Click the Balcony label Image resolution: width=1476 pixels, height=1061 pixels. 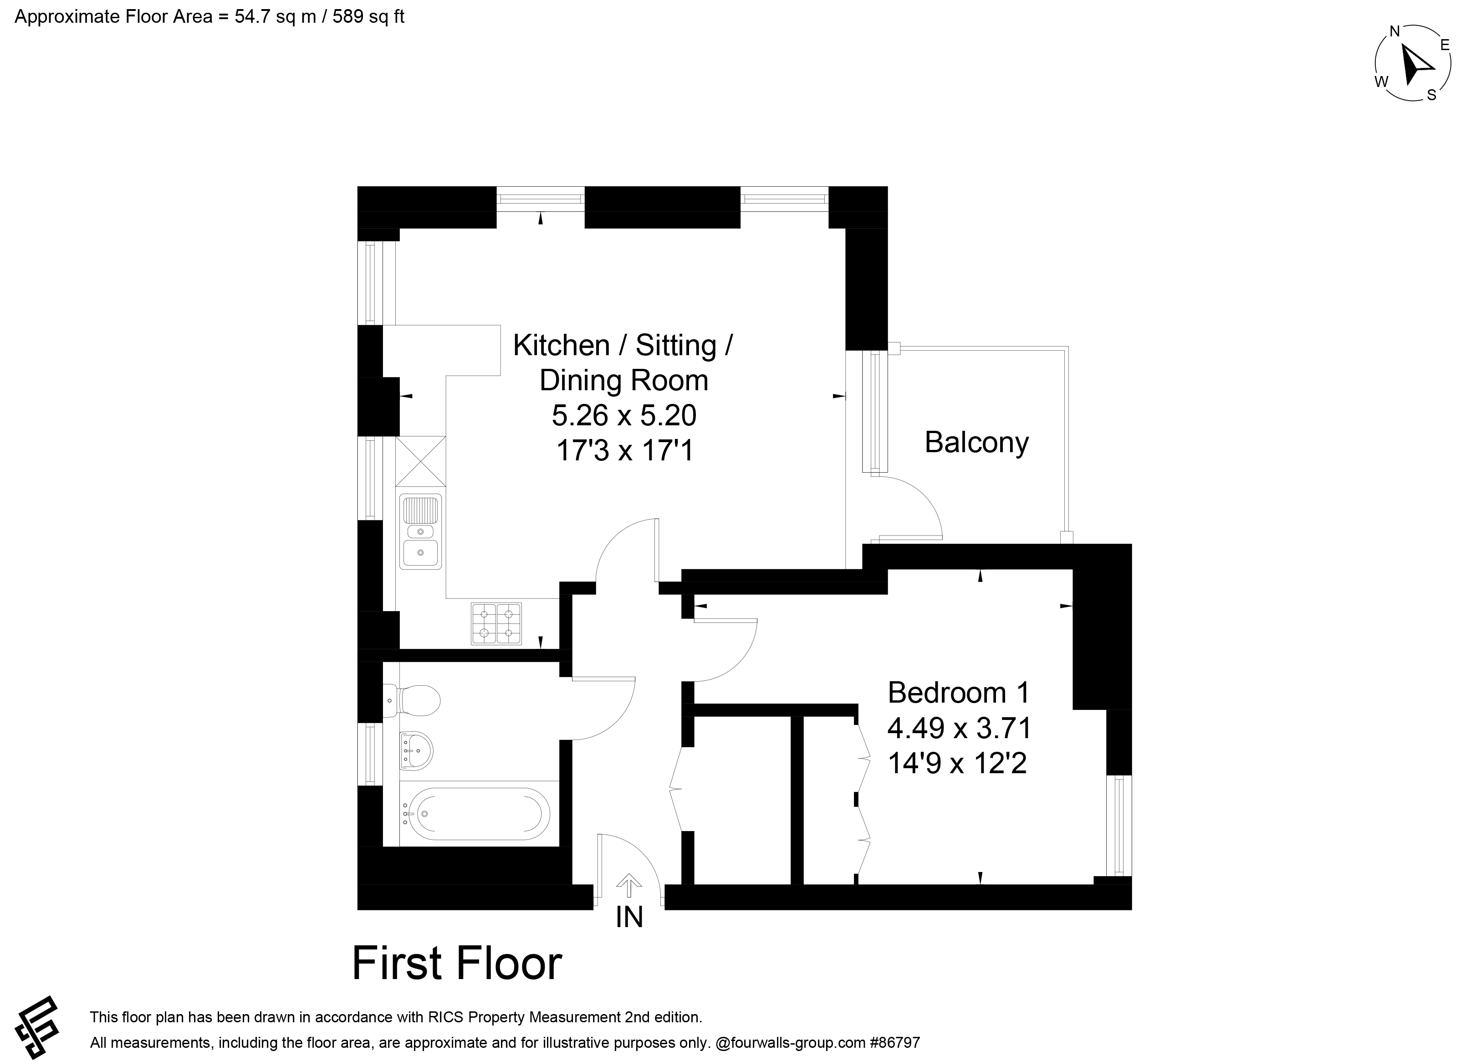[976, 443]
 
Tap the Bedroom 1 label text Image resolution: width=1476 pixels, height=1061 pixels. [959, 693]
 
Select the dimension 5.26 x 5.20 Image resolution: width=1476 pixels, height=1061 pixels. [624, 415]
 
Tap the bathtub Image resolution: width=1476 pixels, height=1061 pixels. [475, 814]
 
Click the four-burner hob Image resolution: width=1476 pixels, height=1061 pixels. [496, 623]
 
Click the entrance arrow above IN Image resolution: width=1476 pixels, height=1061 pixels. [628, 885]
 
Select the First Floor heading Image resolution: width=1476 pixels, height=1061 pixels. [457, 964]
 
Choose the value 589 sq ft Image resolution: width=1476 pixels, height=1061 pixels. [368, 16]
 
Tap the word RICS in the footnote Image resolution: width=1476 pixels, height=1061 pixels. [444, 1017]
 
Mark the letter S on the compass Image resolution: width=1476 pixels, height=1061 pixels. [1431, 95]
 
